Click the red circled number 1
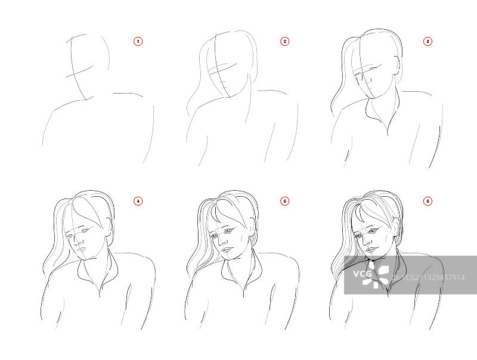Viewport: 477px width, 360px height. [x=138, y=41]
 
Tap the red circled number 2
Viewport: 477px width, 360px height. [x=285, y=41]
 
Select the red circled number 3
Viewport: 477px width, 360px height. [x=428, y=41]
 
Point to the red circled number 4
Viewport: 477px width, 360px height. [x=138, y=201]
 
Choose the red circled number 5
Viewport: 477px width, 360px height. [x=285, y=201]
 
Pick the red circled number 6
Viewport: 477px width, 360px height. [x=428, y=201]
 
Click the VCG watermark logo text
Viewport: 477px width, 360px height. [x=363, y=274]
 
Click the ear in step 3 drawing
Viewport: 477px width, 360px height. [x=397, y=65]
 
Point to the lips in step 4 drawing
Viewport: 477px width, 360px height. [x=82, y=250]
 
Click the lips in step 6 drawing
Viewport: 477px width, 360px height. [x=370, y=250]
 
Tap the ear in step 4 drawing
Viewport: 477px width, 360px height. [x=109, y=226]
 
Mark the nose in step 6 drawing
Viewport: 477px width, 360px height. [x=367, y=241]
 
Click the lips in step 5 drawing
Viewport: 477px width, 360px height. [x=227, y=250]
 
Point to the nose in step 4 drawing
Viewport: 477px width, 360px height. [x=79, y=241]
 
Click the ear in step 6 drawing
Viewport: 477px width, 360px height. [x=395, y=226]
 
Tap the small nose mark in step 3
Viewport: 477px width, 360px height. [x=369, y=80]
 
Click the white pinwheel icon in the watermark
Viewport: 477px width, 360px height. [x=376, y=277]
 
